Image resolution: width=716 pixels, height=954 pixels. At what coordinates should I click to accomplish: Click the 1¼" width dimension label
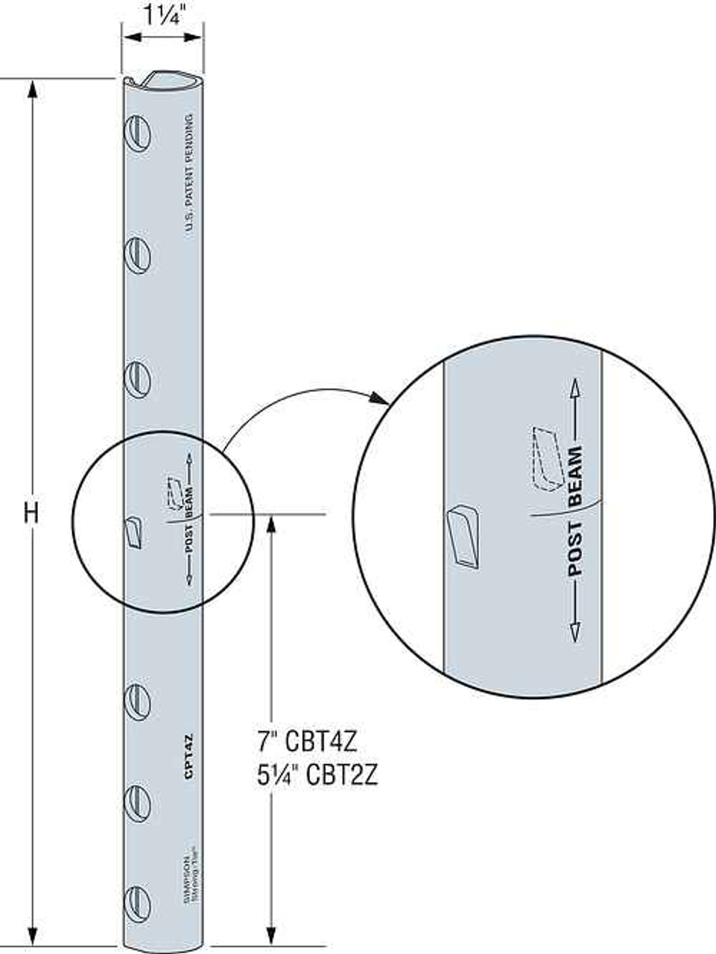coord(162,14)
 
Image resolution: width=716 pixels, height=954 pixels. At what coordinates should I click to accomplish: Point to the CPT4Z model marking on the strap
coord(189,756)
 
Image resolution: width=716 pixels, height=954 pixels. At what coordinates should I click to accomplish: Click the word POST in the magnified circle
coord(574,549)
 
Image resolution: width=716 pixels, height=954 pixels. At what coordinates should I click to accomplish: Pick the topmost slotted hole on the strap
coord(138,135)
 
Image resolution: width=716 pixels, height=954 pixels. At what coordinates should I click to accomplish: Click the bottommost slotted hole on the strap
coord(138,903)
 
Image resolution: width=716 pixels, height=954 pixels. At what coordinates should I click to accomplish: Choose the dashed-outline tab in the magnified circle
coord(545,458)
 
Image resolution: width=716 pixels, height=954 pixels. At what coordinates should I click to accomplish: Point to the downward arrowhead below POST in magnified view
coord(574,633)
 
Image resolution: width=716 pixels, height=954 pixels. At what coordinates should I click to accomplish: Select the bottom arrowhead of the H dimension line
coord(31,935)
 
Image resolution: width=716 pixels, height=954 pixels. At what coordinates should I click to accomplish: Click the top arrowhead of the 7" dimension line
coord(271,523)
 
